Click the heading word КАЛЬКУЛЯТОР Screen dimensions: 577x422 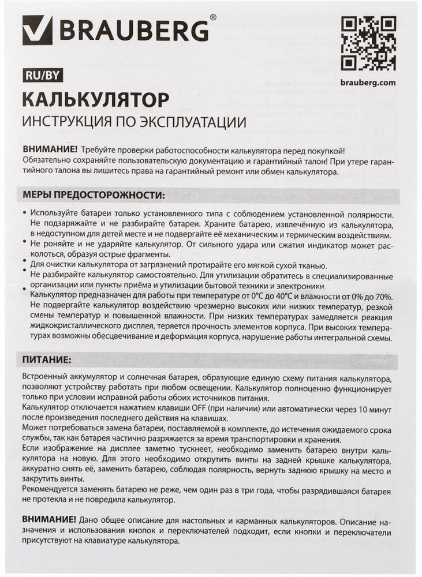95,99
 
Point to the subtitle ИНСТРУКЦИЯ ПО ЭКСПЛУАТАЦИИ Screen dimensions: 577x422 134,122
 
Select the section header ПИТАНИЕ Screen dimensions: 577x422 47,359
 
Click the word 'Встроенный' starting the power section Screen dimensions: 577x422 46,377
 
